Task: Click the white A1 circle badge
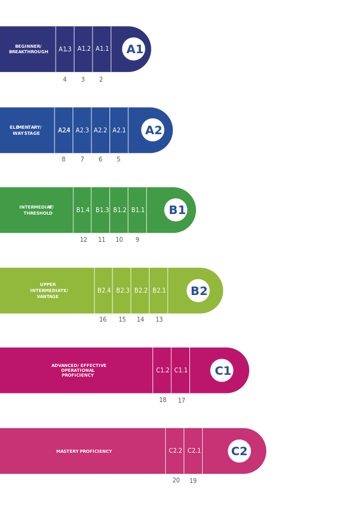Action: (x=134, y=49)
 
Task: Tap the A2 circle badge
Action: (x=153, y=130)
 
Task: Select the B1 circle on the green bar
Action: (x=176, y=210)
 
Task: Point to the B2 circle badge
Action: (x=198, y=291)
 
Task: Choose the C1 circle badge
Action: (x=222, y=371)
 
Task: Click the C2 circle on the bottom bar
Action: (x=240, y=451)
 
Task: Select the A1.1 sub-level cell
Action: (x=102, y=49)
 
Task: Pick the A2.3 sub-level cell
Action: (x=82, y=130)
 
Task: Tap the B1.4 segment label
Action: (x=83, y=210)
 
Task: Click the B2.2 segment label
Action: (x=140, y=291)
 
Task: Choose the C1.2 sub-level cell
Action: (x=162, y=371)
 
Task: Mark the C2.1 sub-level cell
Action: (x=194, y=451)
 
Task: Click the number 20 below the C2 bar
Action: (x=175, y=481)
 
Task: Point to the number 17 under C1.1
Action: (x=182, y=400)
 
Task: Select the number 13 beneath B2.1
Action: (x=159, y=320)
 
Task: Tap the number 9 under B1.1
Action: (x=137, y=240)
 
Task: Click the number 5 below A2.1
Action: (x=119, y=160)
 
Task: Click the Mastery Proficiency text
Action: (x=84, y=452)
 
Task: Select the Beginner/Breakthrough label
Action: (x=28, y=49)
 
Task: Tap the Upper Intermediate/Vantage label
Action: (x=48, y=291)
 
